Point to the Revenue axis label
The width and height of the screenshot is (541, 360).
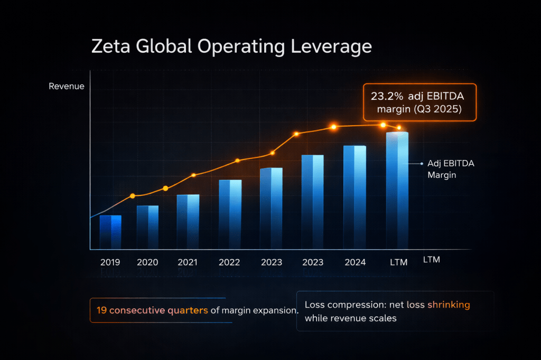pos(67,86)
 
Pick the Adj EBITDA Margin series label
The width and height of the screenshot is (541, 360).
pos(450,169)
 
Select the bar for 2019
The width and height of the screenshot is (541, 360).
pos(110,232)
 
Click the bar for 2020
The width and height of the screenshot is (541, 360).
pos(147,227)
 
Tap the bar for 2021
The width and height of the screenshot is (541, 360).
pos(188,222)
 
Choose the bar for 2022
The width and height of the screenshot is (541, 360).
pos(230,214)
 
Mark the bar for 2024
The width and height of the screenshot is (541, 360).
pos(355,197)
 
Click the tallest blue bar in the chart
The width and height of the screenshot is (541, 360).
pos(397,190)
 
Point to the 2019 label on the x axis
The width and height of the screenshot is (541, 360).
pos(110,262)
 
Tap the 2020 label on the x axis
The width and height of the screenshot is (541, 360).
pos(147,262)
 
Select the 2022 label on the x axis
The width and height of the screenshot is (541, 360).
pos(229,262)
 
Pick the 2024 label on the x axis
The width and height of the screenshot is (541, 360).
pos(355,262)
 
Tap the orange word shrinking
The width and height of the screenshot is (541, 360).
pos(449,305)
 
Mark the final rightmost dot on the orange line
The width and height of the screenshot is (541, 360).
pos(399,128)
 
